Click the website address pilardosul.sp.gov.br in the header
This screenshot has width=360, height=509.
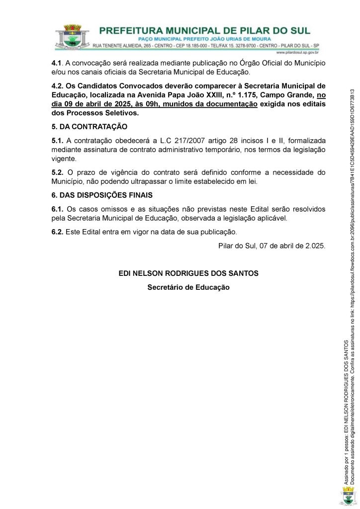[x=297, y=52]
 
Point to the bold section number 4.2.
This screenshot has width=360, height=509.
[x=58, y=85]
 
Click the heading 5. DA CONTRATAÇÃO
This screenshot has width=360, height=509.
[x=89, y=127]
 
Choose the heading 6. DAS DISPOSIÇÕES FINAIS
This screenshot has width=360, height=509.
[x=102, y=195]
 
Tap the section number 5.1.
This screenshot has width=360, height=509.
[x=58, y=141]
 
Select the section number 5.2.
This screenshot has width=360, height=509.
[x=58, y=172]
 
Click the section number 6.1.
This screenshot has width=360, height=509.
[x=58, y=209]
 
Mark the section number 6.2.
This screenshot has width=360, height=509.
[x=58, y=232]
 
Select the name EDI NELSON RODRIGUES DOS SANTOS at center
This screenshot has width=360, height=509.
[x=188, y=273]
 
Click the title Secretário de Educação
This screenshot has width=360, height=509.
[x=188, y=287]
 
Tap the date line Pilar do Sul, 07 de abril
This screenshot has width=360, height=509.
[x=271, y=246]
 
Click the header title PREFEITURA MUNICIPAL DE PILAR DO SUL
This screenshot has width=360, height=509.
[x=204, y=30]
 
